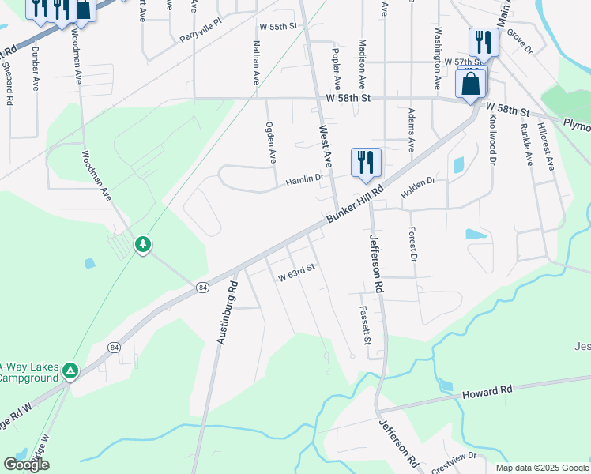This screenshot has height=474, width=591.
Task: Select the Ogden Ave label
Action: (270, 142)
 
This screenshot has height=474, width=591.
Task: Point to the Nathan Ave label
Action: (256, 65)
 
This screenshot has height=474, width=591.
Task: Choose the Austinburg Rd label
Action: (227, 312)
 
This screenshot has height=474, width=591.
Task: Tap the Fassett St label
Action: (365, 325)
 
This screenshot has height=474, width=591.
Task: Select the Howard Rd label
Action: (487, 391)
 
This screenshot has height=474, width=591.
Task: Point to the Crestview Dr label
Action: (454, 456)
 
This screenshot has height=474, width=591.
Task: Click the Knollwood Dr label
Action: (491, 137)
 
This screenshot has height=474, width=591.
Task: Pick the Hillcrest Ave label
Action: (546, 145)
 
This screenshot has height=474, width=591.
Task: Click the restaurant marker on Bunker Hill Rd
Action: (366, 162)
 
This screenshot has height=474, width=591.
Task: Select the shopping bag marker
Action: (471, 83)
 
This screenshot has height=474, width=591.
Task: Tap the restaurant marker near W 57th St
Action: (484, 41)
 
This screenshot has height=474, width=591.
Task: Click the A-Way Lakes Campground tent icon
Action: (70, 369)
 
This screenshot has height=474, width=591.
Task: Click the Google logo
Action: (27, 465)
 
